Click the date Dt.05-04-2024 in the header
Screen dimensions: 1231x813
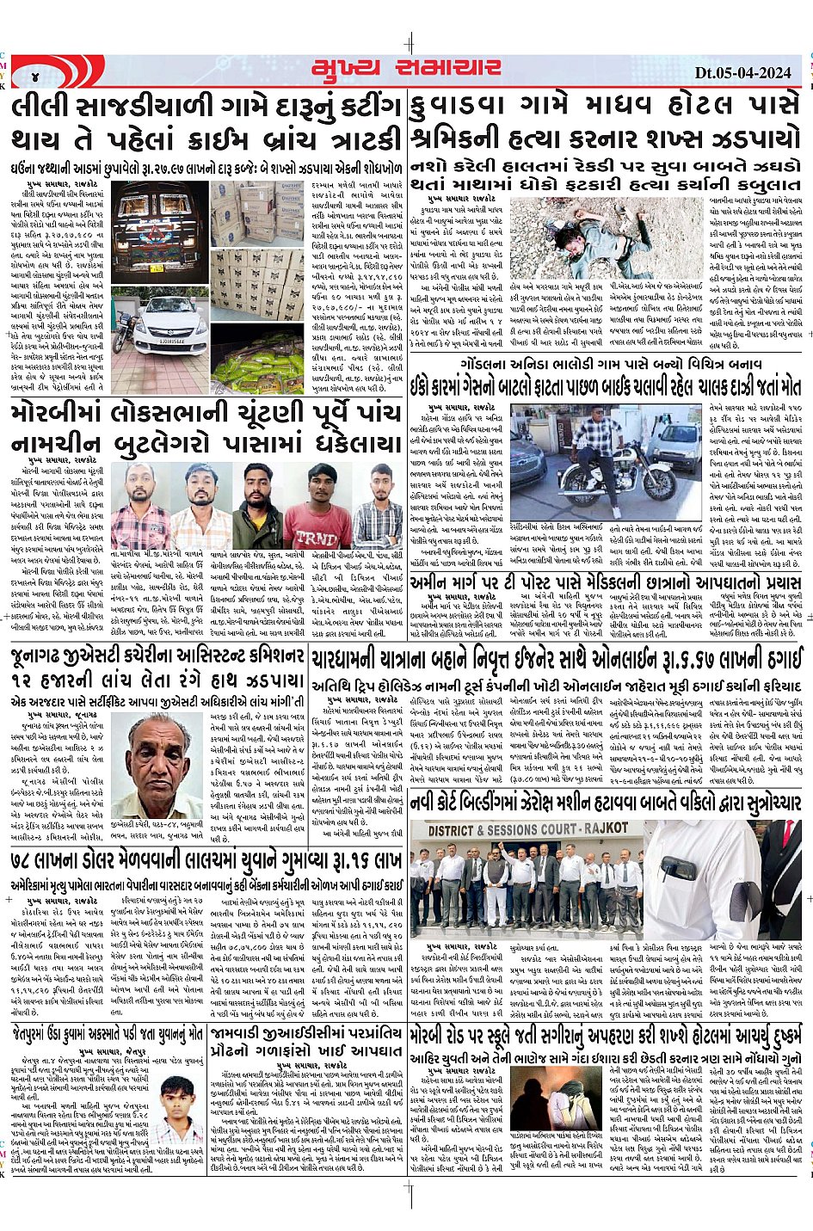coord(742,72)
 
